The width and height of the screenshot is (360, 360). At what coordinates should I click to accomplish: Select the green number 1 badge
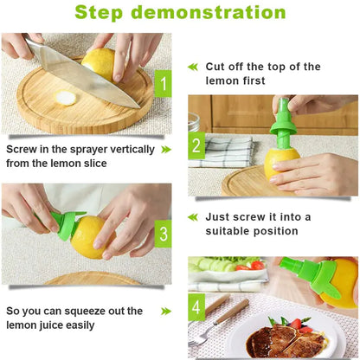tap(162, 84)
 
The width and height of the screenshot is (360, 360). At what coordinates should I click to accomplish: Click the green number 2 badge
tap(196, 146)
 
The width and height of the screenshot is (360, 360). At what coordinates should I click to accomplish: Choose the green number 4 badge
tap(196, 307)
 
